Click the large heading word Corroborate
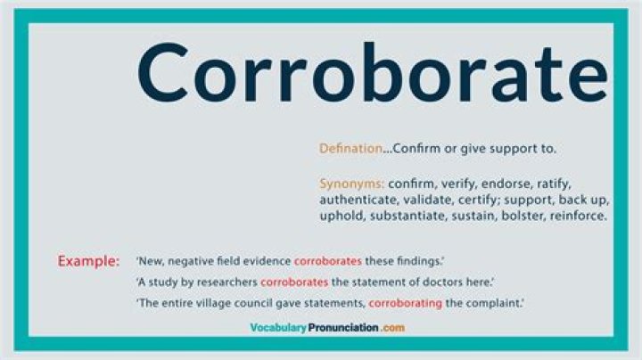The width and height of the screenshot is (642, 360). [372, 73]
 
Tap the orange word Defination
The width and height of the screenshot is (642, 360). [350, 149]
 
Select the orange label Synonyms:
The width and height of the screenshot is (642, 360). [351, 184]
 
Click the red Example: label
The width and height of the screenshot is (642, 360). [88, 261]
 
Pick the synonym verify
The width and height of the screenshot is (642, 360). [458, 184]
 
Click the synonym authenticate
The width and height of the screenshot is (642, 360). [358, 200]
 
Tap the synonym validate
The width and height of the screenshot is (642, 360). [427, 200]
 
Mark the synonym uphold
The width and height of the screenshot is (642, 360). [342, 216]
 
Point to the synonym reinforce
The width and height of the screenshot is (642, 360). [578, 216]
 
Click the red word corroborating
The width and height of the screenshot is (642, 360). [406, 303]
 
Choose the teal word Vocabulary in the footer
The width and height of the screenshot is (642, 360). [278, 328]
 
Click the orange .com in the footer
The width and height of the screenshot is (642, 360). [392, 328]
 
